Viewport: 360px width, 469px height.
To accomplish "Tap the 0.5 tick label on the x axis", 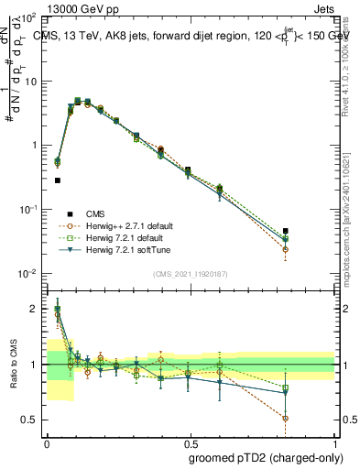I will click(x=190, y=441).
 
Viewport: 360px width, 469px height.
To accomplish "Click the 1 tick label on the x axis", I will click(x=335, y=441).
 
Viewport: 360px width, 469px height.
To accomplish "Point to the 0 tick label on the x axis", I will click(x=48, y=441).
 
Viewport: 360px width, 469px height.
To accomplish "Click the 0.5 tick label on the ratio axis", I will click(x=30, y=420).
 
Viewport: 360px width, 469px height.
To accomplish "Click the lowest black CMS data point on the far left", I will click(x=58, y=180).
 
